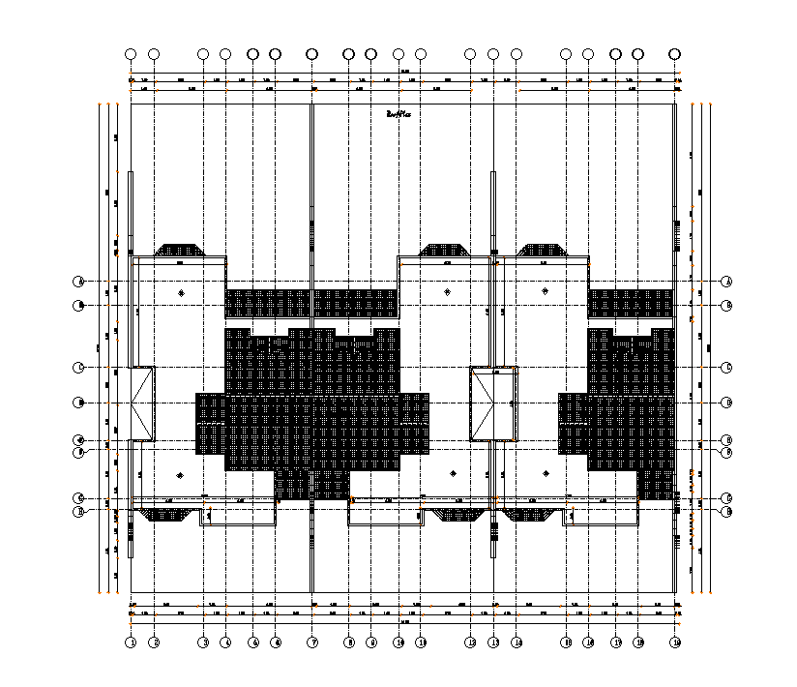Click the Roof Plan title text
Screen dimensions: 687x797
tap(398, 113)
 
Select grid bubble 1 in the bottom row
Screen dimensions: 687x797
tap(131, 642)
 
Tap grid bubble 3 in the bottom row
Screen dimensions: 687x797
tap(203, 642)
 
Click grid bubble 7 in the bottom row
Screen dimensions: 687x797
tap(312, 642)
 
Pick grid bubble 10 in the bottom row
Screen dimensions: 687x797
tap(398, 642)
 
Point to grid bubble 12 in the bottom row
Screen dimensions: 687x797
tap(470, 642)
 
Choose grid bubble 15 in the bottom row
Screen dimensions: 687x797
tap(566, 642)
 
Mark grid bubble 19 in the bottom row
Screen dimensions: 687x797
tap(675, 642)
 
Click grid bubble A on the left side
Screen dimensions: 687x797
tap(79, 282)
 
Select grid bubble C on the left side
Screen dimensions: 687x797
tap(79, 368)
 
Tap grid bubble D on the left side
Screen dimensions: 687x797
tap(79, 403)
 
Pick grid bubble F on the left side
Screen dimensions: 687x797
tap(79, 451)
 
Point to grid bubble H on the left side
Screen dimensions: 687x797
tap(79, 511)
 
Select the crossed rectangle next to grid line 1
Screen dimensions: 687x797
tap(143, 403)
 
